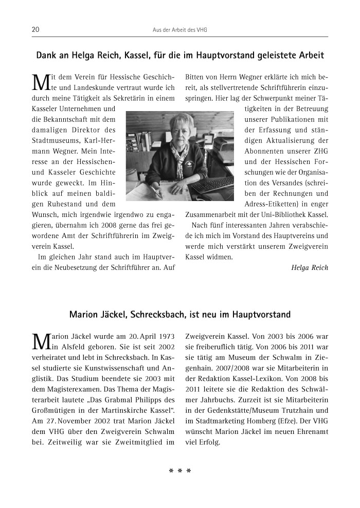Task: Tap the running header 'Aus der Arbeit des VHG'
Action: click(180, 30)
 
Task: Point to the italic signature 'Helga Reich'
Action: click(309, 267)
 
